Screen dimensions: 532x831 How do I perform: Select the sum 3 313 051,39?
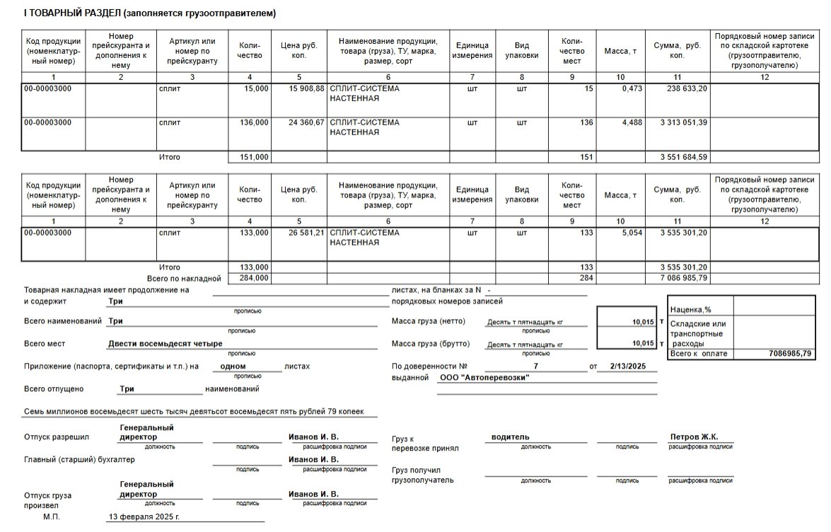(x=684, y=122)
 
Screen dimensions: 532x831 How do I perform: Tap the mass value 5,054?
(x=626, y=232)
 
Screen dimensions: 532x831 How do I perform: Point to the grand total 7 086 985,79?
(x=684, y=278)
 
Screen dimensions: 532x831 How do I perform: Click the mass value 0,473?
(x=626, y=88)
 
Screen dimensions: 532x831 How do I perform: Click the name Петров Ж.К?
(x=694, y=437)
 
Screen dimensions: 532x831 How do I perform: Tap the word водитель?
(x=511, y=437)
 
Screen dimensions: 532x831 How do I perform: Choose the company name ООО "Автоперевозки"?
(x=484, y=378)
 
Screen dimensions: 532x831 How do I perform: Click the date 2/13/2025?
(x=617, y=366)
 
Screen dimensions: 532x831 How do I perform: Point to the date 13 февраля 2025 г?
(x=144, y=517)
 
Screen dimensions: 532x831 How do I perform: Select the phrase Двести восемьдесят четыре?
(x=165, y=344)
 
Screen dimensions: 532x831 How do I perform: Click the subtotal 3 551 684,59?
(x=684, y=157)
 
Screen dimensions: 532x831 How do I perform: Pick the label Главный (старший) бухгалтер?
(x=79, y=460)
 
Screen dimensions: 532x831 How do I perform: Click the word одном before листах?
(x=233, y=366)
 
